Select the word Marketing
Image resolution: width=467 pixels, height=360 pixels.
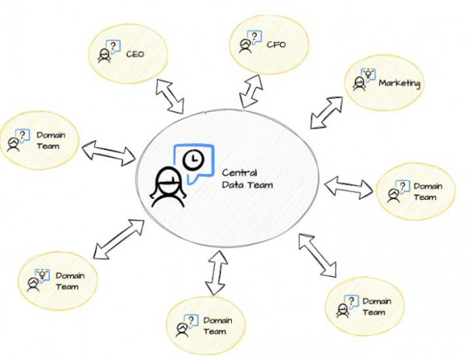point(399,83)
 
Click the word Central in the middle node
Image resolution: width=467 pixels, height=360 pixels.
point(238,172)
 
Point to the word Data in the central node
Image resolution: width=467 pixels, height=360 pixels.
point(233,185)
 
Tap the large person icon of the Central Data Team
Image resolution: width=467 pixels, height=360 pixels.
point(167,186)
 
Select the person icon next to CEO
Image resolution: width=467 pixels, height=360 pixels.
point(104,57)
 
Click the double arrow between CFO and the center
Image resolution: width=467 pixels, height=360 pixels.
point(251,91)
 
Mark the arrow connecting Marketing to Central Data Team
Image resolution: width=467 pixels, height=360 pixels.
point(325,112)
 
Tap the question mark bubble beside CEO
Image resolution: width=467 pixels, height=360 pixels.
point(114,47)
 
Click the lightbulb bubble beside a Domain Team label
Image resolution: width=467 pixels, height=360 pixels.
point(43,273)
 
